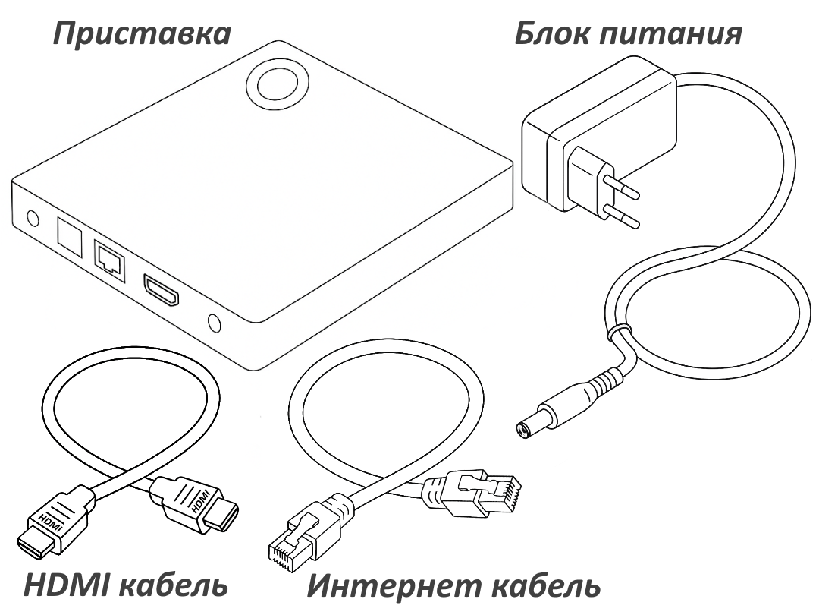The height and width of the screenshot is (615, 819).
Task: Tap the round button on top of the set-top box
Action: [278, 85]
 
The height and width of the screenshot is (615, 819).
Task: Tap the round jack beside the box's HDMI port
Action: [213, 323]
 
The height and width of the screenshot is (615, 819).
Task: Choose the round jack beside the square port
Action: [32, 219]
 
